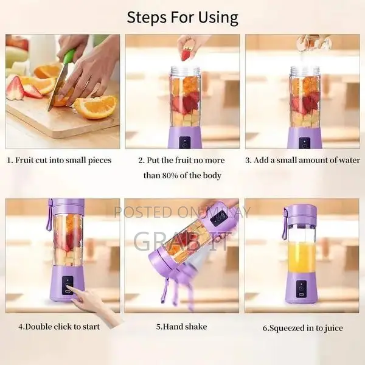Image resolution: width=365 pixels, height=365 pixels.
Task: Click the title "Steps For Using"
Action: tap(182, 16)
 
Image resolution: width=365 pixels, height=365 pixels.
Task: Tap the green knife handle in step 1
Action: tap(69, 57)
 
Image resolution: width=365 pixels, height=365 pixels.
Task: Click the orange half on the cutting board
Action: tap(96, 106)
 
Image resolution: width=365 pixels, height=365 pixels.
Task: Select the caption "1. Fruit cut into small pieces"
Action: tap(59, 161)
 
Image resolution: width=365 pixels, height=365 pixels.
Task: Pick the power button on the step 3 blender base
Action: tap(304, 143)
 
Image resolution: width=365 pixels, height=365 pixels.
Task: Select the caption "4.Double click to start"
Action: tap(59, 327)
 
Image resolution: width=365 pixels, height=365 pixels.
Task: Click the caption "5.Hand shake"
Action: tap(181, 327)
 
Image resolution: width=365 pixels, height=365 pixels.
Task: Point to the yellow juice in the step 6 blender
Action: tap(301, 257)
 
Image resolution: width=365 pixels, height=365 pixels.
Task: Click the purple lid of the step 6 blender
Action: tap(301, 213)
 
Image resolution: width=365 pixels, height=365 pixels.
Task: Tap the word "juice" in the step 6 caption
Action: tap(332, 328)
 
